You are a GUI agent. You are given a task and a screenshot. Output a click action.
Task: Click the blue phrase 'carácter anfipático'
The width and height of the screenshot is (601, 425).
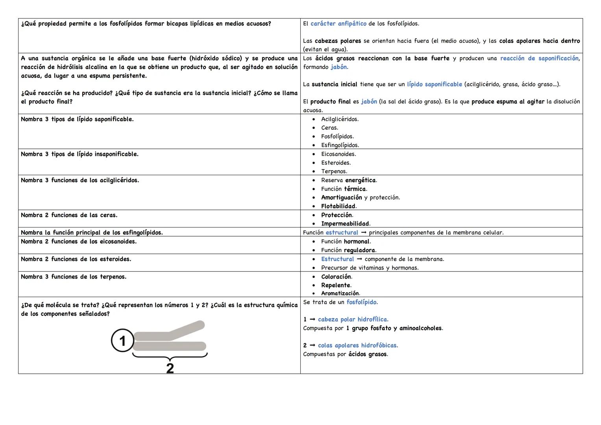point(338,24)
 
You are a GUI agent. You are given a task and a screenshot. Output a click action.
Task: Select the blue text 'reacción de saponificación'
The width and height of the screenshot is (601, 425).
point(539,58)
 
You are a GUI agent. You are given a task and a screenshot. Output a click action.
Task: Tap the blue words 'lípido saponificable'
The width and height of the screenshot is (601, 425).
point(434,84)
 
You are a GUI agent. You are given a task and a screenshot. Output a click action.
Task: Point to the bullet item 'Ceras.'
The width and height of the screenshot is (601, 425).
point(329,128)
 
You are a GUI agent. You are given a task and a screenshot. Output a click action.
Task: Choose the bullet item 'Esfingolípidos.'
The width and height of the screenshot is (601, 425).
point(340,145)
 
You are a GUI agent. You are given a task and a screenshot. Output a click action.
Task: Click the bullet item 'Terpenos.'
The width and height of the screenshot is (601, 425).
point(334,171)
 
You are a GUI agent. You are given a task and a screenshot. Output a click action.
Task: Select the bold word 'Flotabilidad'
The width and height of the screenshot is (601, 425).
point(338,206)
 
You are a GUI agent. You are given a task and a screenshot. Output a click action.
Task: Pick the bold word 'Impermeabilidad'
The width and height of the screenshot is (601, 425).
point(345,224)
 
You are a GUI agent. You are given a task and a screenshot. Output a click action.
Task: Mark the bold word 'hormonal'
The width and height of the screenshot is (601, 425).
point(356,242)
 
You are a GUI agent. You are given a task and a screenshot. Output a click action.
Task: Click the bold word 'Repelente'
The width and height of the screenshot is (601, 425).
point(335,285)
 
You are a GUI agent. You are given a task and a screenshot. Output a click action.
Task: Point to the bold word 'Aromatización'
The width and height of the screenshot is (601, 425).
point(340,294)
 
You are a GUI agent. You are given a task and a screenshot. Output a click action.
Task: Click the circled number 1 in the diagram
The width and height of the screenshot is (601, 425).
point(122,340)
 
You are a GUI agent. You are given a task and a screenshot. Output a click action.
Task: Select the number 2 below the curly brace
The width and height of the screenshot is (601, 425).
point(170,368)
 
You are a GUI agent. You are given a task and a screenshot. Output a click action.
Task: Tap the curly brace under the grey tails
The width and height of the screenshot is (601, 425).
point(170,356)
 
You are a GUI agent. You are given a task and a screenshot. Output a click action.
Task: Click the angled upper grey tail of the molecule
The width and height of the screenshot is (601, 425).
point(185,329)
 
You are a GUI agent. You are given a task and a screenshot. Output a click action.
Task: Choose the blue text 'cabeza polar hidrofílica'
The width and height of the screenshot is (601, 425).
point(353,320)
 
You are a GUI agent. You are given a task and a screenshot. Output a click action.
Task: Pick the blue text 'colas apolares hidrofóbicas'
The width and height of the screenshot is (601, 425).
point(357,346)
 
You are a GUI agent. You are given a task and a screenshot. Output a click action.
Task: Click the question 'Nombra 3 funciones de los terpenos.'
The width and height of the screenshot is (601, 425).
point(74,277)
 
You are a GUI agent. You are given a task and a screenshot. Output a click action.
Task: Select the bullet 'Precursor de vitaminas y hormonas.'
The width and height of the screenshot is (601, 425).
point(370,268)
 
